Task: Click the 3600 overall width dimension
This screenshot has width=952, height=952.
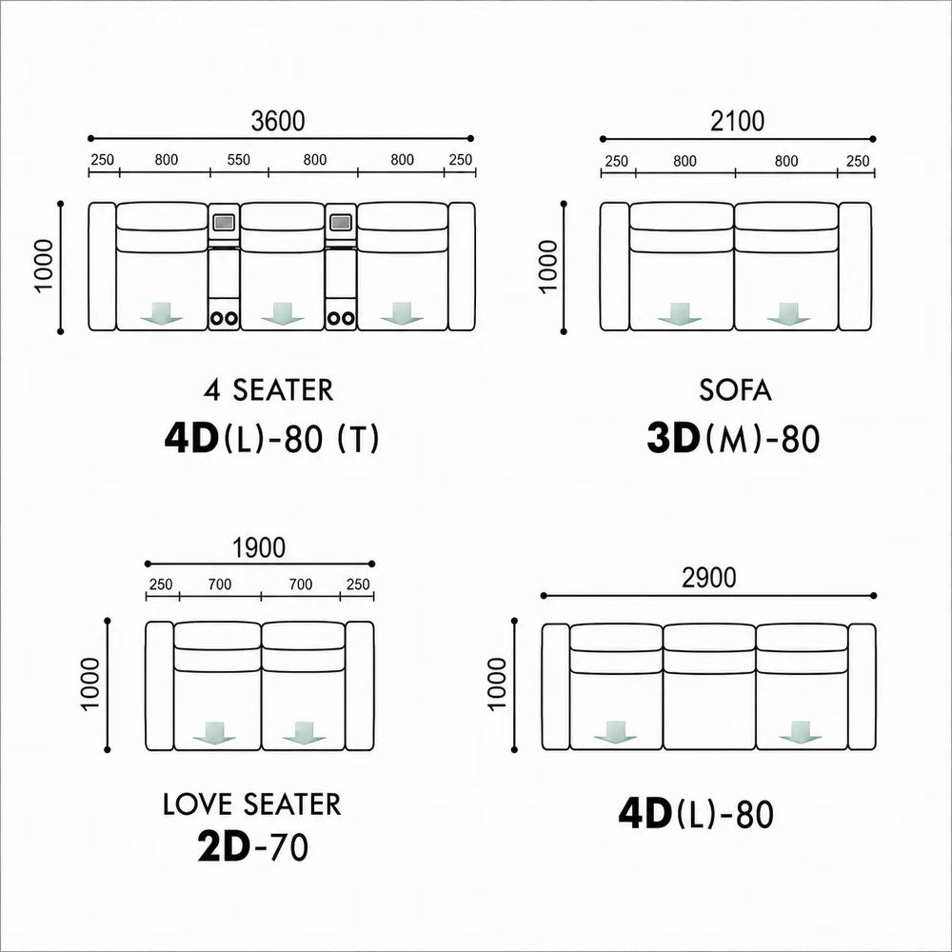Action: [278, 122]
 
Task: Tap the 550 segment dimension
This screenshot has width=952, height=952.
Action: [239, 160]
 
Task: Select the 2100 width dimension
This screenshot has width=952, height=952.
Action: [738, 122]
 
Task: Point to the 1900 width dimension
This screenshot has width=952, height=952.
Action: [259, 547]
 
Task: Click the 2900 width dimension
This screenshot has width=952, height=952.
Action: [708, 578]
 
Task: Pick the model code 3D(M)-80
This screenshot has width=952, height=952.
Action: [733, 438]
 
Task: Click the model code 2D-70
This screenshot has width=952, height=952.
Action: [252, 847]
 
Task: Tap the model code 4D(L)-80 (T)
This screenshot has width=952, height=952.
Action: [271, 438]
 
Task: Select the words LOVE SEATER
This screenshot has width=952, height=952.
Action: [252, 803]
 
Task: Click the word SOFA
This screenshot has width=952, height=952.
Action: [735, 389]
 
